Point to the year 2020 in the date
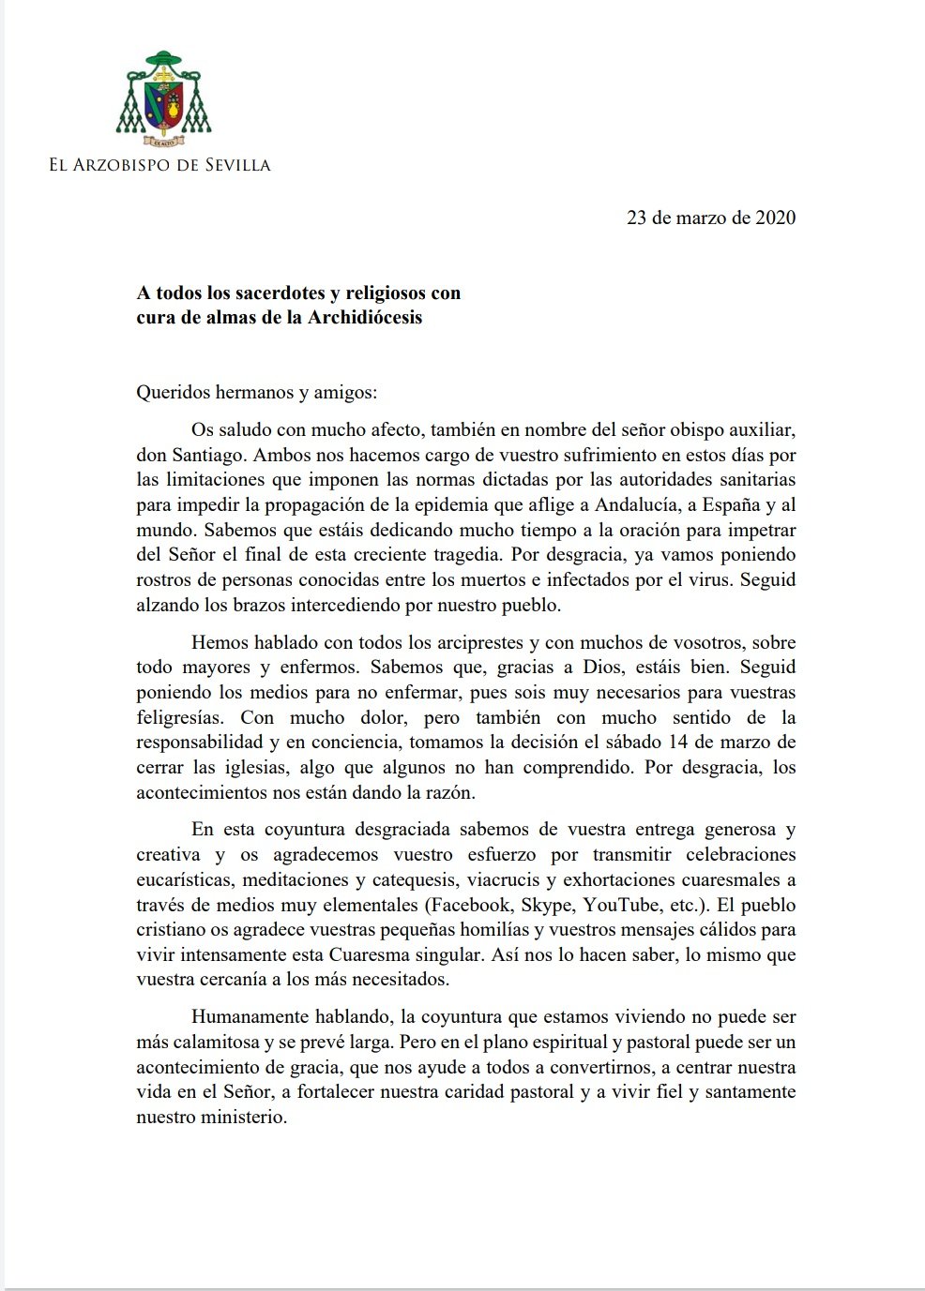(775, 218)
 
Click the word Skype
(546, 905)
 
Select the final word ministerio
(242, 1117)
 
